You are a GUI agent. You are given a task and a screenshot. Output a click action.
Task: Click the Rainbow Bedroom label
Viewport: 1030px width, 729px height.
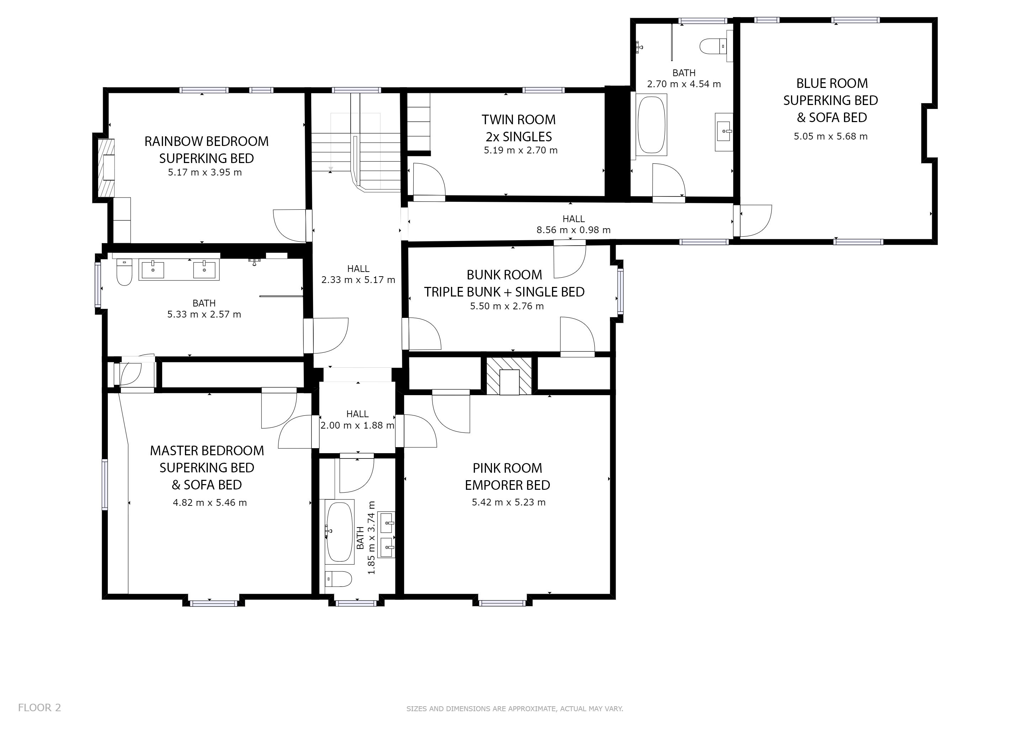[x=206, y=141]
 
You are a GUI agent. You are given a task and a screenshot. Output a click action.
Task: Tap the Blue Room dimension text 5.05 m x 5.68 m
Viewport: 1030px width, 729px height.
[x=831, y=136]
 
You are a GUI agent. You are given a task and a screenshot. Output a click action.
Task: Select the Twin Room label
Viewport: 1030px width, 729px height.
[x=519, y=120]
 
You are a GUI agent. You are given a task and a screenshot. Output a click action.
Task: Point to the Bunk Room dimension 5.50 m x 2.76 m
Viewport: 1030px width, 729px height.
[x=507, y=306]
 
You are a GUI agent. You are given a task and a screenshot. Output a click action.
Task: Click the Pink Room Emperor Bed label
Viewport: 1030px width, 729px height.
[x=508, y=476]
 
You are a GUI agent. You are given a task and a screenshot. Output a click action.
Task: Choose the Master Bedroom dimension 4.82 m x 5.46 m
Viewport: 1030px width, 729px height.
[x=210, y=503]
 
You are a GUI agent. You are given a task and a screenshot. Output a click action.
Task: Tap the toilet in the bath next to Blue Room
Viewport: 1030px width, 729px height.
[x=713, y=46]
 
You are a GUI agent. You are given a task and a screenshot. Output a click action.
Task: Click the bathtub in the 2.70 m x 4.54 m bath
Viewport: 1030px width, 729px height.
[x=651, y=124]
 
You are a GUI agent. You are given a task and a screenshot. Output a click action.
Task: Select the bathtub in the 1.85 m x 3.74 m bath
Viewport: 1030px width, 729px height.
[x=340, y=532]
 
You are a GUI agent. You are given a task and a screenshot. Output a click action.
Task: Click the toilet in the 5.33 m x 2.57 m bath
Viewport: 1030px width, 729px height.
[x=124, y=272]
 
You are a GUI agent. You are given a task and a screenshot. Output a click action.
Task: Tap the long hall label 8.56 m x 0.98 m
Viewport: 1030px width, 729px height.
[x=573, y=225]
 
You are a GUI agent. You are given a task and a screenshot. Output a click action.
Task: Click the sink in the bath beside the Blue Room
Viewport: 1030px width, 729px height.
[x=724, y=131]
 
